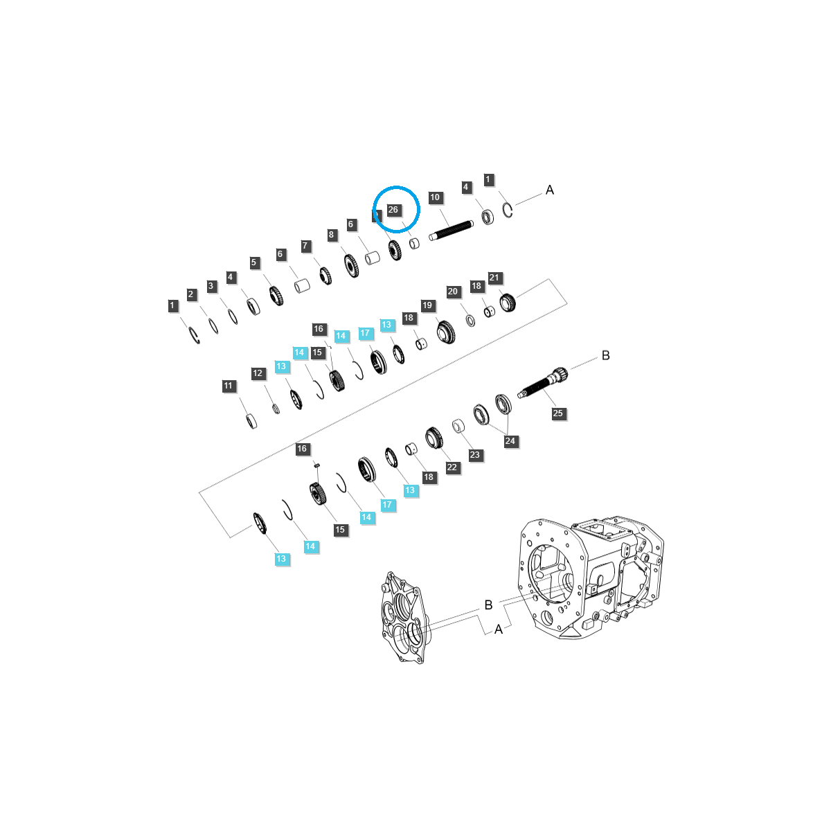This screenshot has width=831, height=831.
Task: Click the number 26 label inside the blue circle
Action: [393, 210]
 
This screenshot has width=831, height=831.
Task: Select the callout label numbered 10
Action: [435, 197]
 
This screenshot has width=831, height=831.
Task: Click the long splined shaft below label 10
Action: [451, 231]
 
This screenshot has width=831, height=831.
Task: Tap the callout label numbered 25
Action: [557, 413]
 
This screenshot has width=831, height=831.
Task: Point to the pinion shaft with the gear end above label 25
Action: [542, 382]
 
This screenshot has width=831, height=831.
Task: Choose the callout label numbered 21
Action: [494, 278]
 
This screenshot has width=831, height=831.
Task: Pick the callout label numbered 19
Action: [427, 305]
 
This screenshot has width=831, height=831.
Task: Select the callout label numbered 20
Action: [452, 292]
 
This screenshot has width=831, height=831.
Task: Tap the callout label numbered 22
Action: [452, 467]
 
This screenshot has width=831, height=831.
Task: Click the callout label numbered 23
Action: [474, 455]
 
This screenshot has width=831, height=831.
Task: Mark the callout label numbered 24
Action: [510, 441]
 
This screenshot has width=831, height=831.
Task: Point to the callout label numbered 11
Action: [228, 386]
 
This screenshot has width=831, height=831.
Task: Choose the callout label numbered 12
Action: [258, 373]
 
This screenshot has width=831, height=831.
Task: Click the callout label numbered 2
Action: [190, 294]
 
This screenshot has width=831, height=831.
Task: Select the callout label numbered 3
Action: [211, 285]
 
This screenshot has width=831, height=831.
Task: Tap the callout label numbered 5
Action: [253, 262]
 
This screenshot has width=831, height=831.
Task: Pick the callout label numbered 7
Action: [305, 246]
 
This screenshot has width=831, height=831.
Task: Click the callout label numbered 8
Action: [331, 235]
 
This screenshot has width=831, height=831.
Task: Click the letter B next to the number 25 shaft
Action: [605, 356]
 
